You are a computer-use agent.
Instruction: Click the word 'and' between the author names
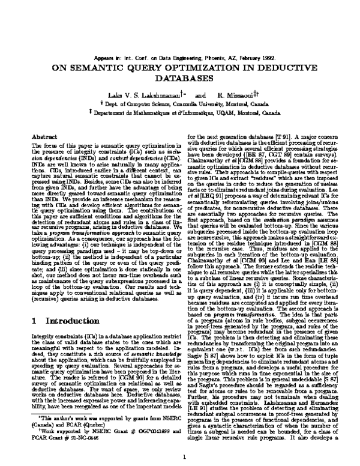[200, 95]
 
